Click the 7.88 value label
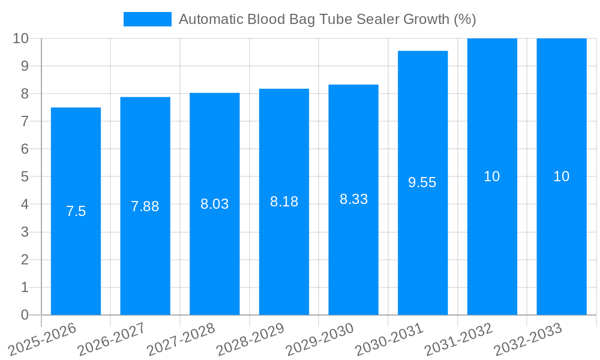coord(145,206)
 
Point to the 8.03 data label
coord(214,204)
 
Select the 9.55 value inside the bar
coord(422,183)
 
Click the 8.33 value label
coord(353,199)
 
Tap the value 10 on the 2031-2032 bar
coord(492,176)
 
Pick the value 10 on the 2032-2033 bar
coord(561,176)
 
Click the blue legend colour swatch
coord(147,19)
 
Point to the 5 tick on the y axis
coord(25,176)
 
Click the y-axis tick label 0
coord(25,315)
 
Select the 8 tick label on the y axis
coord(25,94)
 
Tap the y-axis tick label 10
coord(21,38)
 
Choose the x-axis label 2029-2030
coord(320,340)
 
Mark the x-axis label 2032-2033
coord(528,340)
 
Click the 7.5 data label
coord(76,211)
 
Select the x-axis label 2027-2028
coord(181,340)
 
